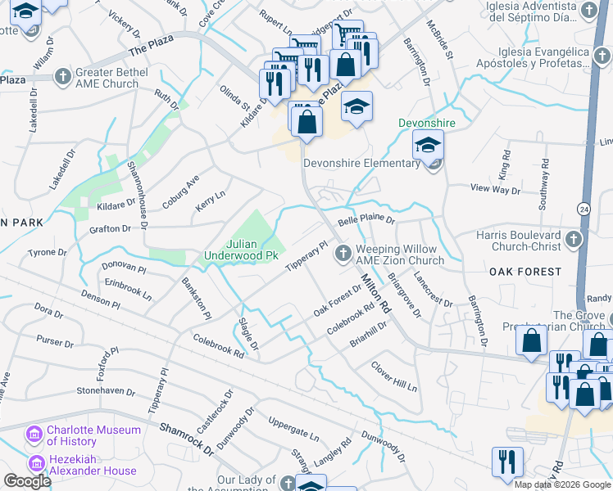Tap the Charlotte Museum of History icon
tap(34, 432)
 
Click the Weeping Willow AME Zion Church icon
tap(343, 254)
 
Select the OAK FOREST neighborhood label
tap(525, 271)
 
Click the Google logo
tap(27, 481)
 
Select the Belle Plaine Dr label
tap(367, 221)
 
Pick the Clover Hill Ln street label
tap(394, 376)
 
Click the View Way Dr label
tap(496, 189)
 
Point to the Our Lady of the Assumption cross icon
tap(287, 482)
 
